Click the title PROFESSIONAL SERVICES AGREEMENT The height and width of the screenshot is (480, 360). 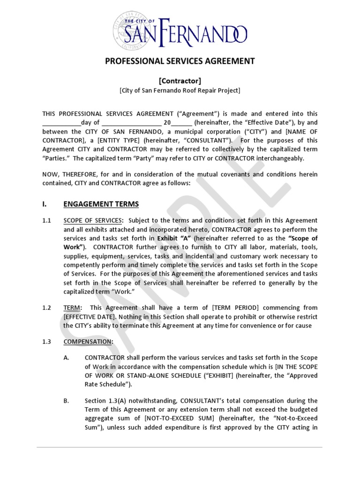coord(180,61)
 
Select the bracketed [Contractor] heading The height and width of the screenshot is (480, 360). coord(180,81)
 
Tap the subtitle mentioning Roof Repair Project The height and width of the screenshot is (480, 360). coord(180,90)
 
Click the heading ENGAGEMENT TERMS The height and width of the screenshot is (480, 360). coord(101,204)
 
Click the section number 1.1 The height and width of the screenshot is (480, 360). coord(47,220)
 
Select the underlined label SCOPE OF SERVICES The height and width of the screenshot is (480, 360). coord(93,220)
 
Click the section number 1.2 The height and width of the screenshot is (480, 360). coord(47,307)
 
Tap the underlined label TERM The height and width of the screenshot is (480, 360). coord(72,307)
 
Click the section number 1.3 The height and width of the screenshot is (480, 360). coord(47,342)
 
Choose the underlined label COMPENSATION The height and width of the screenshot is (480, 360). coord(88,342)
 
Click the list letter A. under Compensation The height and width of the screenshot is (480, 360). coord(67,358)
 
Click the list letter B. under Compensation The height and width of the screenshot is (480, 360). coord(67,401)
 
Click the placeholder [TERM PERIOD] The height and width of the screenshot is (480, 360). coord(236,307)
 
